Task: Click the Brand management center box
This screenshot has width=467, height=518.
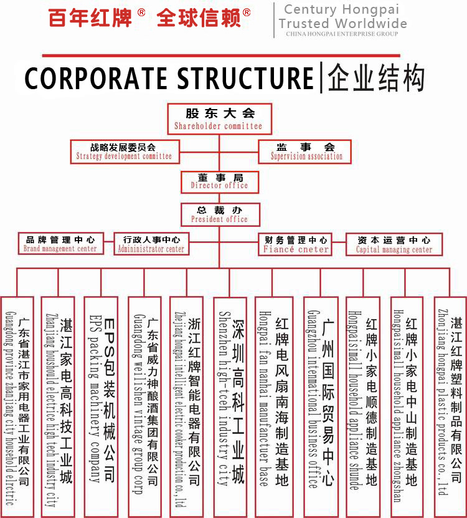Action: click(60, 244)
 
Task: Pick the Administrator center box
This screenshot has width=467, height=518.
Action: click(151, 244)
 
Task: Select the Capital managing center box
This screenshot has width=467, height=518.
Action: click(394, 244)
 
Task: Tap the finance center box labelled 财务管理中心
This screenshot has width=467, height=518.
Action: click(296, 244)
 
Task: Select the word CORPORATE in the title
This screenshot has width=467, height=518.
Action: click(97, 79)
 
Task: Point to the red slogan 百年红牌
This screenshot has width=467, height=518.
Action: click(90, 18)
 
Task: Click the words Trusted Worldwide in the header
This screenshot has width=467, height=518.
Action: click(342, 24)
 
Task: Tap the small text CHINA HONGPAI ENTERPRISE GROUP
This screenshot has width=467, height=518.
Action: click(342, 34)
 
